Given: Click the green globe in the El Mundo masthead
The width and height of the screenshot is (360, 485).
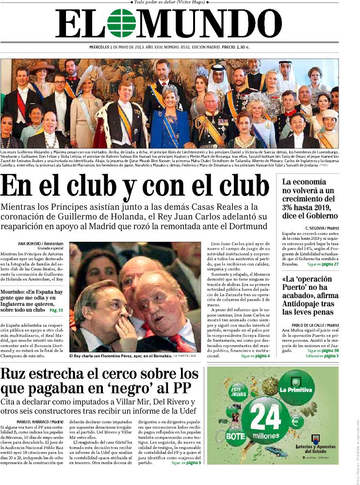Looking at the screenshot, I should click(x=122, y=23).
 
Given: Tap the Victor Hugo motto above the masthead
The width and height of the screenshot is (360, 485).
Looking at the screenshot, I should click(x=169, y=2).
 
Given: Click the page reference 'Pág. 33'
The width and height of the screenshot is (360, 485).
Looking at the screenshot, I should click(x=56, y=310).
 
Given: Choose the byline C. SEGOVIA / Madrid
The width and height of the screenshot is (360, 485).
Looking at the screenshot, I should click(x=322, y=228).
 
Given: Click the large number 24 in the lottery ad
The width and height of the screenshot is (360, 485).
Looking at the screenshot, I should click(x=265, y=417).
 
